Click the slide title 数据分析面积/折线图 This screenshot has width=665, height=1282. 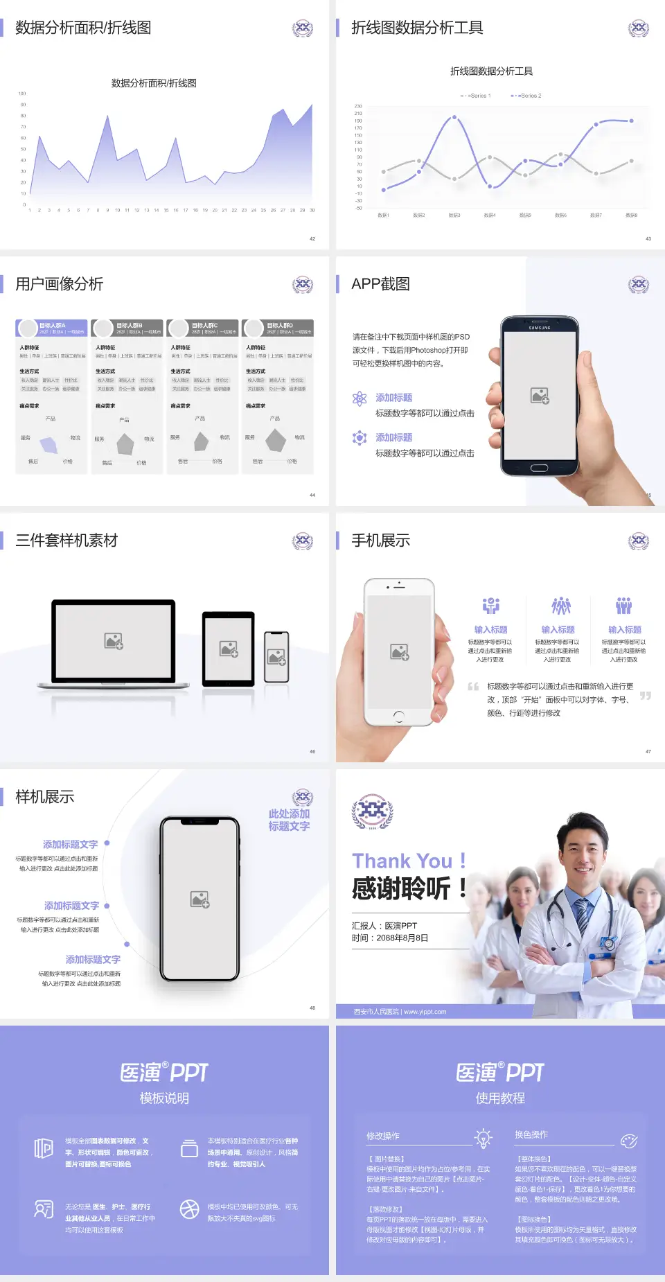point(83,28)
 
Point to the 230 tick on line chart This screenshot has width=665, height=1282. point(358,106)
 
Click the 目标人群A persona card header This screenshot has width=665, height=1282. point(52,328)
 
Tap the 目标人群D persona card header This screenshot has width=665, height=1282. point(278,328)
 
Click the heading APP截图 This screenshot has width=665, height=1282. point(380,284)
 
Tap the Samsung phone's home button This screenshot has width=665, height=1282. point(539,468)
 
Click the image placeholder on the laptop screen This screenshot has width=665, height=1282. point(114,640)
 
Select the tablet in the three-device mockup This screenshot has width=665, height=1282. point(229,649)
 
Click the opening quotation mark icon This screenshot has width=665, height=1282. point(473,687)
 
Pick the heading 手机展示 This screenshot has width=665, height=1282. point(380,541)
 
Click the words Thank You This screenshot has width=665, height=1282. point(402,861)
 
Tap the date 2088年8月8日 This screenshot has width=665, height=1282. point(402,938)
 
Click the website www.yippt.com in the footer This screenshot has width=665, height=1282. point(425,1012)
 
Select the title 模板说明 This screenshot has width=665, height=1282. point(164,1098)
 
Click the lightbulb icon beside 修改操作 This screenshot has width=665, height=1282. point(483,1138)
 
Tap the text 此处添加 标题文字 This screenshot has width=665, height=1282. point(289,820)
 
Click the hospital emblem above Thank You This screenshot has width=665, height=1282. point(372,811)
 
